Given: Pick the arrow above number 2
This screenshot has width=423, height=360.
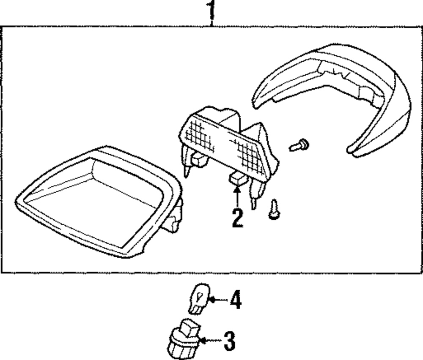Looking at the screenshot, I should click(x=237, y=196).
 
